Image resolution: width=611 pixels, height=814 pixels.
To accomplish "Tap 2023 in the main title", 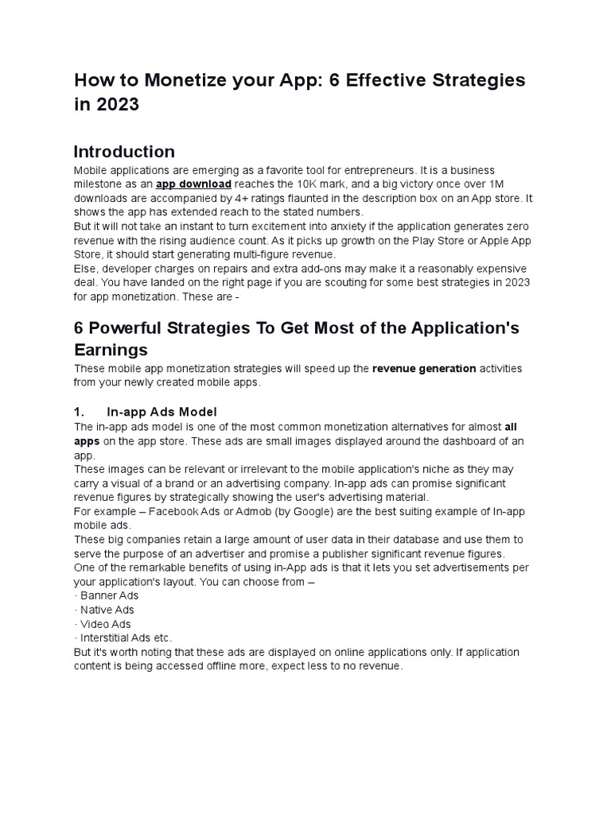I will click(x=116, y=105).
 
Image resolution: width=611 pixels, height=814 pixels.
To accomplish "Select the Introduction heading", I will click(x=124, y=152).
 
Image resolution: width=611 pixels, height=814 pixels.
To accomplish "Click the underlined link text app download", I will click(x=193, y=184).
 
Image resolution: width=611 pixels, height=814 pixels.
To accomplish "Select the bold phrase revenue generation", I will click(x=424, y=369).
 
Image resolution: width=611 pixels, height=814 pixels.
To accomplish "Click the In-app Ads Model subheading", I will click(x=162, y=411).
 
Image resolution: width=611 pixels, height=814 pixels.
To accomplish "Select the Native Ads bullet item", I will click(x=107, y=610).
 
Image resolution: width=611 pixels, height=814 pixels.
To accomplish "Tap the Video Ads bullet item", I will click(x=105, y=624).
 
